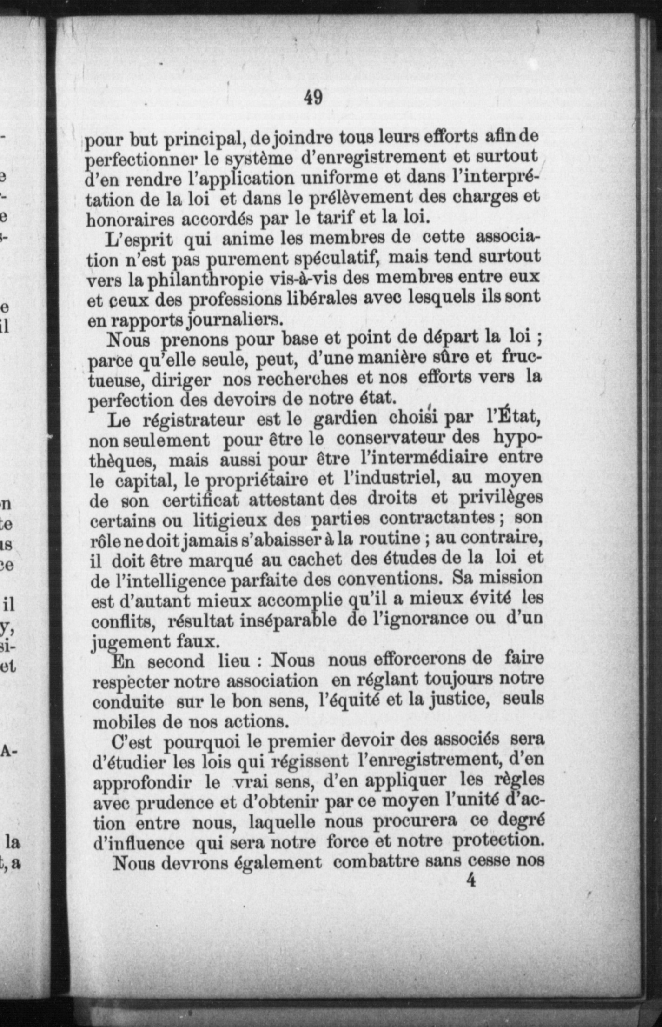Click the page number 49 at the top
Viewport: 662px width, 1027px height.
(x=313, y=98)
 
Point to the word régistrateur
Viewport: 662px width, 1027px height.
(x=194, y=420)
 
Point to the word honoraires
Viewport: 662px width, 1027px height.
(x=131, y=220)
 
